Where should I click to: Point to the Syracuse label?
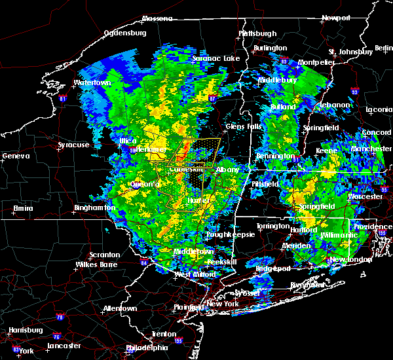point(73,145)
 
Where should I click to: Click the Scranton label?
point(105,255)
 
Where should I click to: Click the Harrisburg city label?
point(22,330)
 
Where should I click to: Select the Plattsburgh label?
point(257,33)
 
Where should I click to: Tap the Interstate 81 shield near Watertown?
point(63,99)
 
